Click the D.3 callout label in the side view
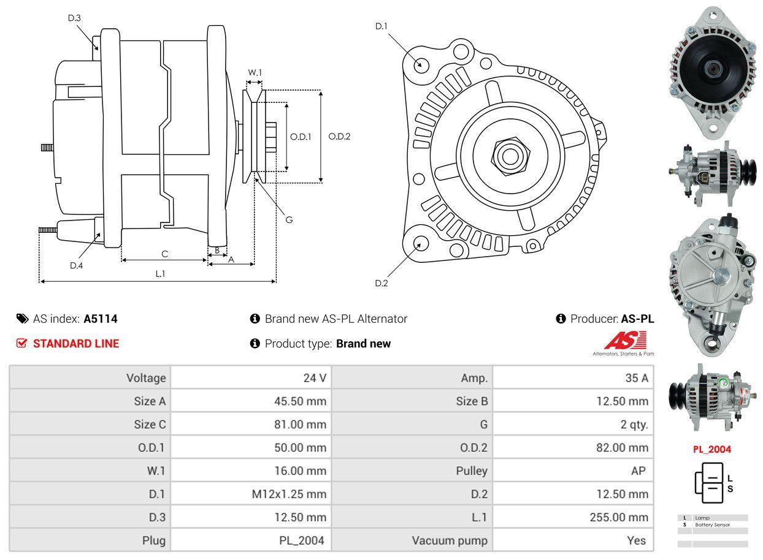click(x=74, y=18)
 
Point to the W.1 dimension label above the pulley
click(x=255, y=72)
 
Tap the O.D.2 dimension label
click(x=339, y=136)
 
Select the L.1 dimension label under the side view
click(x=160, y=273)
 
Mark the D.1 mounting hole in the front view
click(x=421, y=64)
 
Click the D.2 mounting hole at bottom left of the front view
click(x=420, y=243)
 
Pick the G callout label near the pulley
click(x=289, y=219)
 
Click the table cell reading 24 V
click(x=315, y=378)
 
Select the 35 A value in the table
click(x=636, y=378)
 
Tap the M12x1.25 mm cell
click(x=300, y=494)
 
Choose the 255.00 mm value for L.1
click(x=619, y=517)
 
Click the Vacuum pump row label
click(x=450, y=540)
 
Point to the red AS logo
click(x=625, y=341)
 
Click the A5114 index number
click(x=101, y=319)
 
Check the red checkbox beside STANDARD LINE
click(x=22, y=344)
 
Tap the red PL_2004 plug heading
click(x=712, y=449)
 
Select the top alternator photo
click(x=713, y=70)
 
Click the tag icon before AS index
click(x=23, y=319)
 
